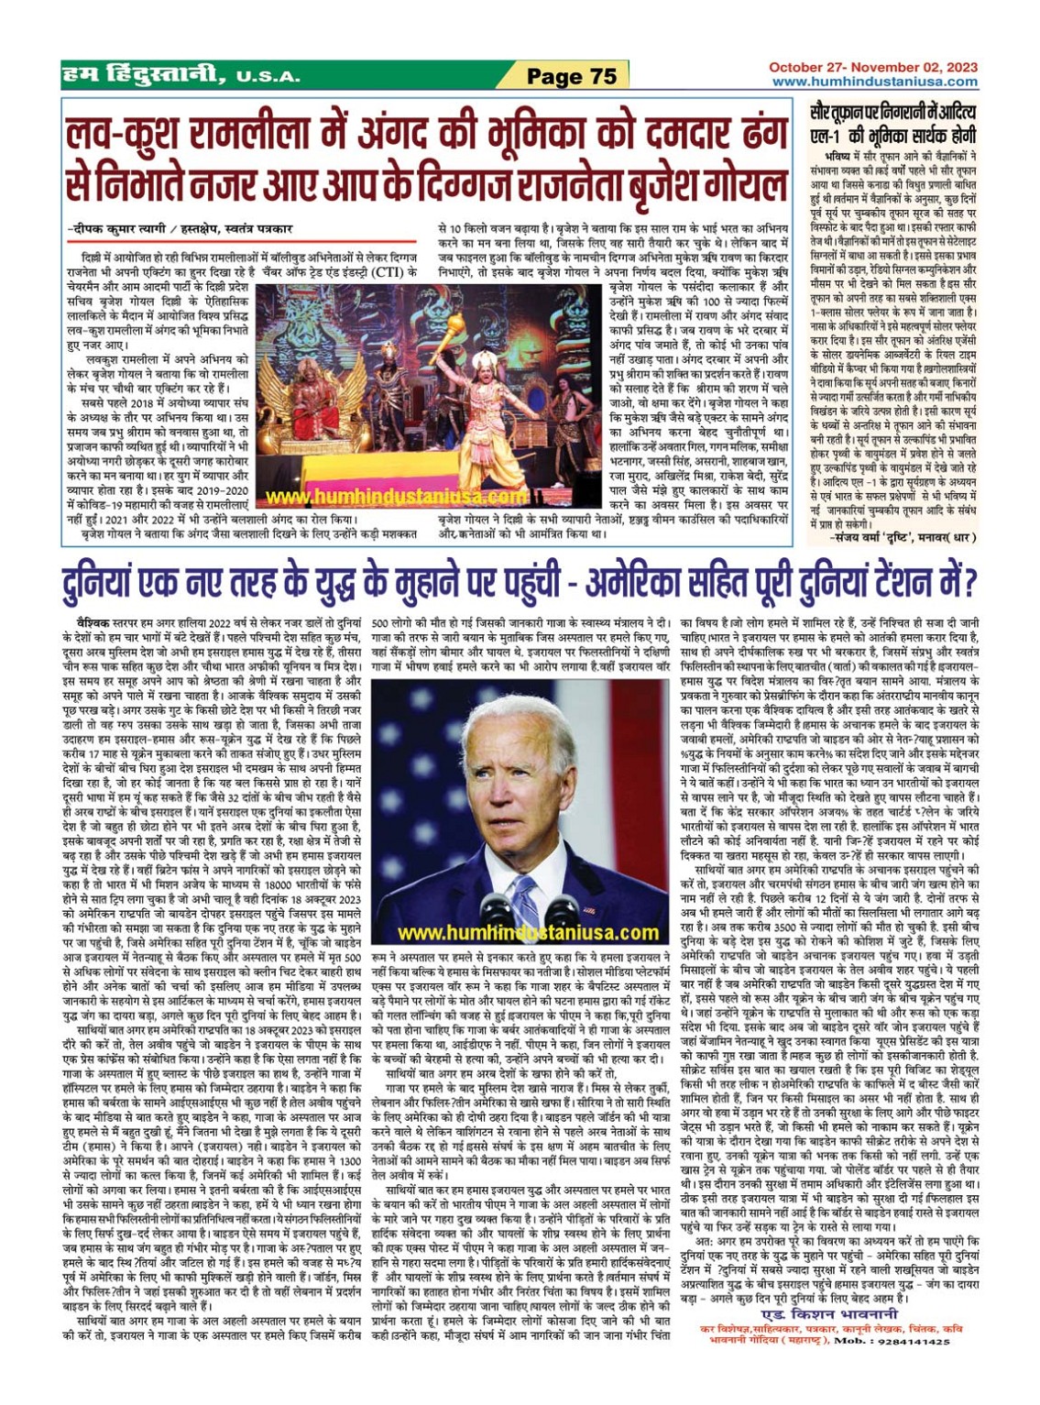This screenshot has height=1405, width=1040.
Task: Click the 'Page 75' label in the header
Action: coord(572,76)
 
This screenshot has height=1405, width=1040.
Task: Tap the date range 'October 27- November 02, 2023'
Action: coord(872,67)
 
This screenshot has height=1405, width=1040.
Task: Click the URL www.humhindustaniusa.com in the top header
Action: coord(874,82)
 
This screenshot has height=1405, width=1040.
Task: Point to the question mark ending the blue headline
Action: coord(969,583)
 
